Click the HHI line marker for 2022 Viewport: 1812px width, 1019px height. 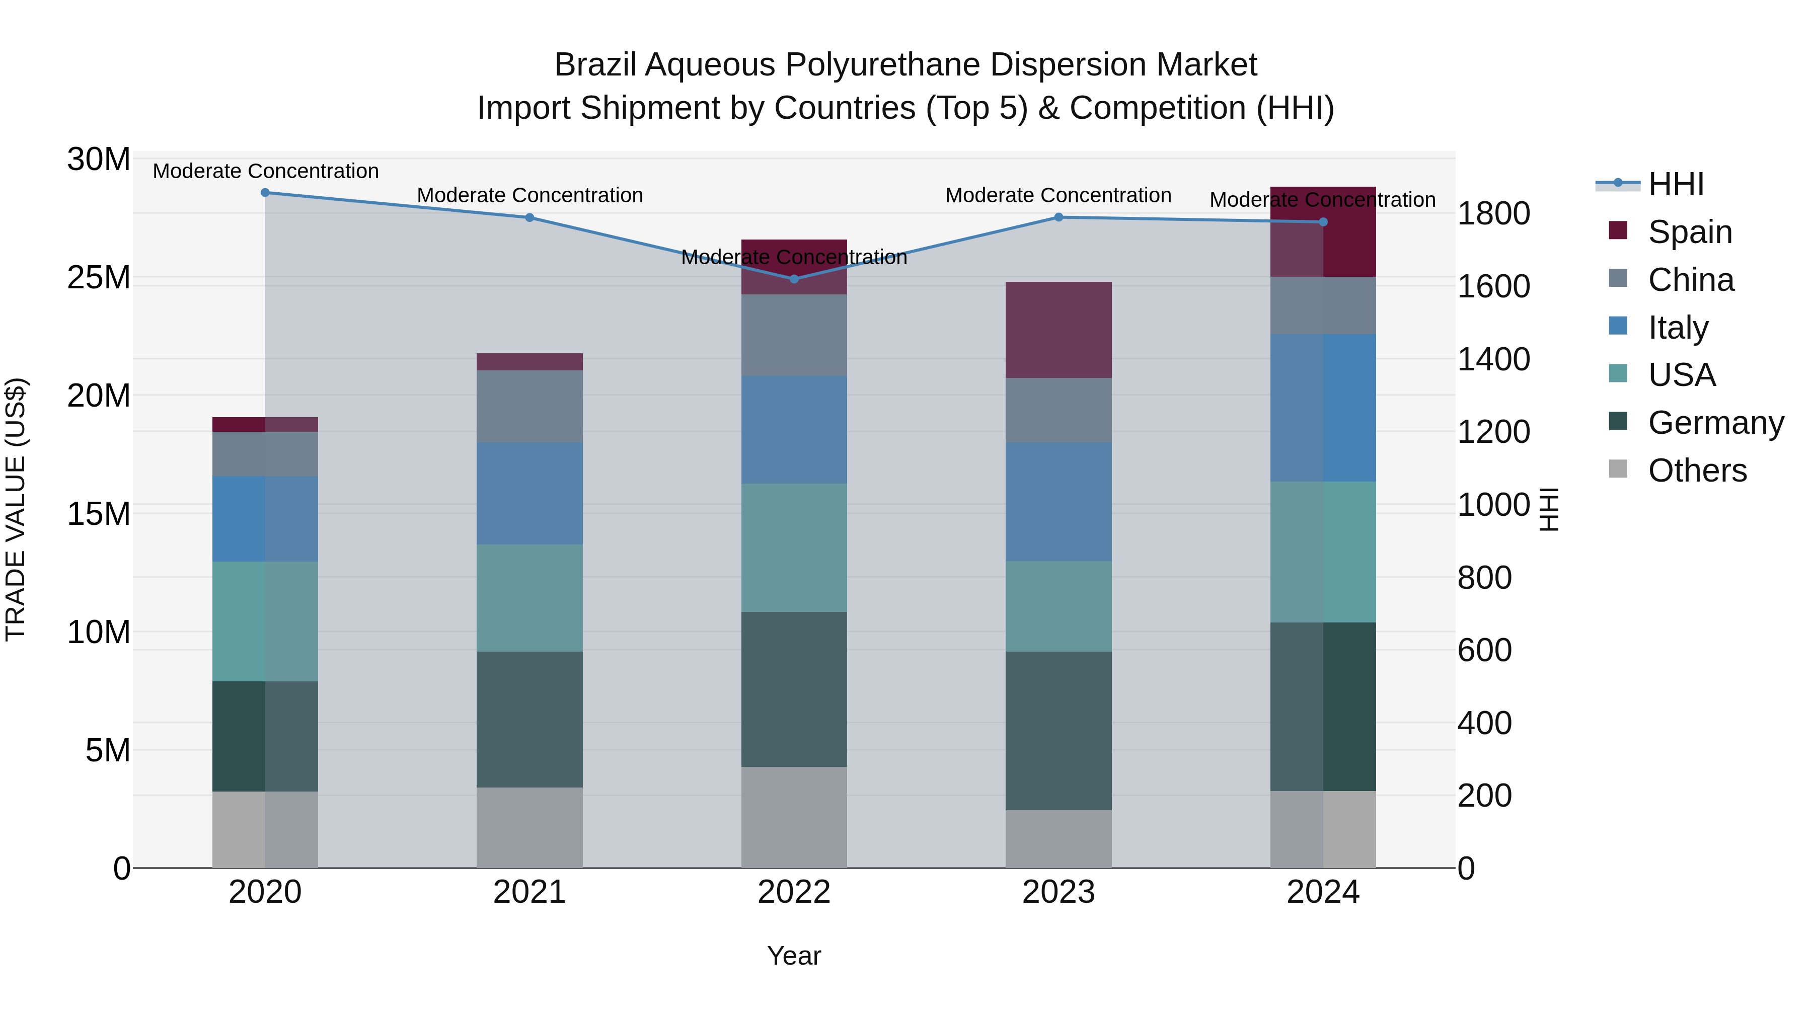[794, 279]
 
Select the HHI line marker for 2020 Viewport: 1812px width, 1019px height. [265, 193]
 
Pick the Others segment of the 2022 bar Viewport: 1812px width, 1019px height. [794, 817]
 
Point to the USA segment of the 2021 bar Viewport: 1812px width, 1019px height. [530, 598]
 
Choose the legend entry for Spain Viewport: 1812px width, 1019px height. [1688, 231]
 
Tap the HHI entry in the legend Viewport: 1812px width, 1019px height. [1674, 184]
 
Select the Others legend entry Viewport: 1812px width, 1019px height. [1696, 471]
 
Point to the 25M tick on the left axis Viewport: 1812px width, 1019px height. [99, 278]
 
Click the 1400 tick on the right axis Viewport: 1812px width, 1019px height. [1493, 359]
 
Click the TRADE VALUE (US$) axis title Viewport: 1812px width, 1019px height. [16, 509]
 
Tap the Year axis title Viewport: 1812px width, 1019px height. [794, 956]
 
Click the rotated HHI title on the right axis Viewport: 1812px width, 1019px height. [1549, 509]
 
